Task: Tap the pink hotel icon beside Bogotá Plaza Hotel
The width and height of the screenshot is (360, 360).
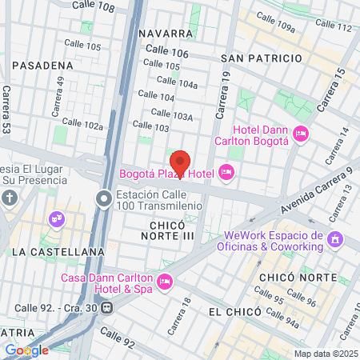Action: coord(226,172)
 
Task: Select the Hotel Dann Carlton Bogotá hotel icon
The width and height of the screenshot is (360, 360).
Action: coord(301,133)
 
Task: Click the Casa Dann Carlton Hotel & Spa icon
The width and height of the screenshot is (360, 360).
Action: coord(165,281)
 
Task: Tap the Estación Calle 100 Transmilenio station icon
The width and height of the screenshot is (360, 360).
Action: coord(104,198)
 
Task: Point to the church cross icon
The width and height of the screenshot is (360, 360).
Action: coord(9,198)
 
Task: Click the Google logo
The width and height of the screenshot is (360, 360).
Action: coord(26,350)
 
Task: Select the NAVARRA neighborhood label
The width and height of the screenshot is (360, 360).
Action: coord(166,34)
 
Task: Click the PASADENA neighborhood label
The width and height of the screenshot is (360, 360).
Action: coord(47,65)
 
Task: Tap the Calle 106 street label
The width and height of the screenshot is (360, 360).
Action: coord(167,51)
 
